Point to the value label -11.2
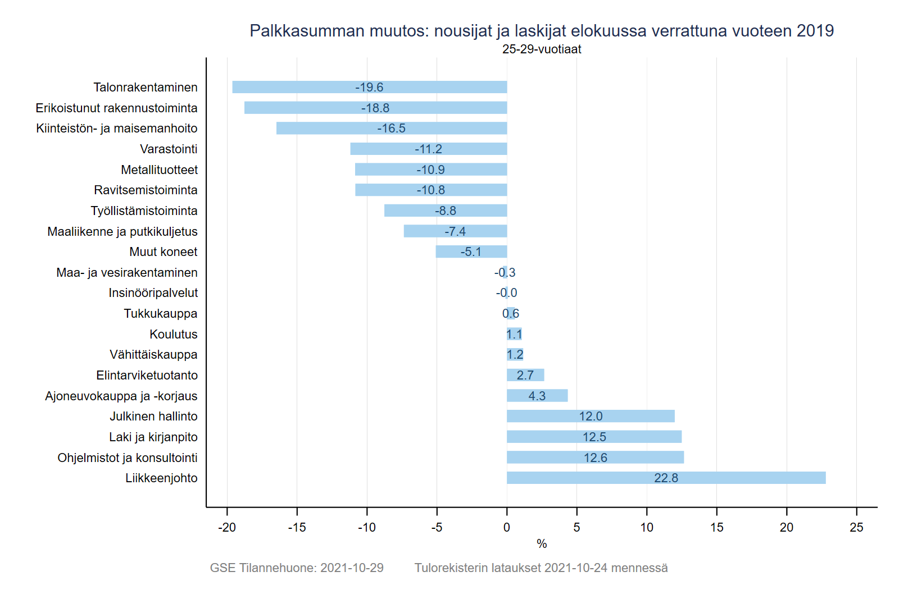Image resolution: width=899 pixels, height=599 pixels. (429, 149)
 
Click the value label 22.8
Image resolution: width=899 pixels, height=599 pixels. (666, 478)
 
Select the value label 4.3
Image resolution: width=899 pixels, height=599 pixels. (537, 396)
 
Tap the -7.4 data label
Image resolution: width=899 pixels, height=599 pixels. (455, 232)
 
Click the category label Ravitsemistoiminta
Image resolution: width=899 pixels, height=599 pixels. (146, 190)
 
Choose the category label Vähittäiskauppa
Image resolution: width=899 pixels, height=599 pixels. (153, 355)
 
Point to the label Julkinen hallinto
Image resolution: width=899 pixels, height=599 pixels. (153, 417)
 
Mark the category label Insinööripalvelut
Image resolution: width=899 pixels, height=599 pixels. (153, 293)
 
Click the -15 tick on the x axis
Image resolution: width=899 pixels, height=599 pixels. (297, 528)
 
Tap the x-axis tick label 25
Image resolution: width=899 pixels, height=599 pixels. (856, 528)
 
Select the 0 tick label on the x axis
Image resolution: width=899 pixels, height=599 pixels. (507, 528)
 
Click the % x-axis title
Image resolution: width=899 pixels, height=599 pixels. (542, 544)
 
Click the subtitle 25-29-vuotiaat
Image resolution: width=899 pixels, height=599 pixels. (542, 49)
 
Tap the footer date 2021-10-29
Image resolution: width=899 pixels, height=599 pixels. (352, 568)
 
